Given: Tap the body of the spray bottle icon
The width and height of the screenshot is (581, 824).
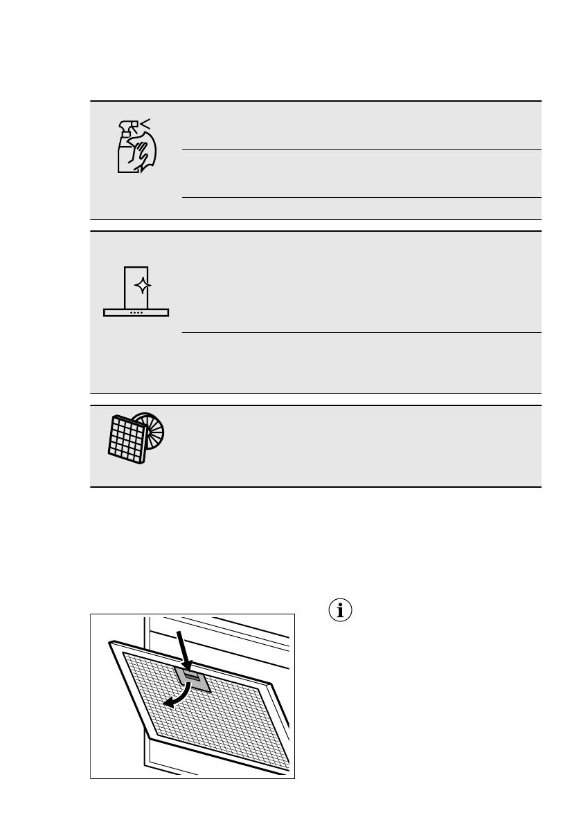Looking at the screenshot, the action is click(125, 158).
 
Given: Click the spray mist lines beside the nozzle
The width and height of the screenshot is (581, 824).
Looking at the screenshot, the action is click(145, 124).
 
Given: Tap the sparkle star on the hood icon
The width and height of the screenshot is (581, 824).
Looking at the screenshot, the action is click(142, 285).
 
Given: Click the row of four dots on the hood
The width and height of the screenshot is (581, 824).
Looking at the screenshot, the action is click(136, 313).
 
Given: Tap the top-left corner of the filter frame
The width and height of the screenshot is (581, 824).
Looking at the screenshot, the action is click(110, 643).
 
